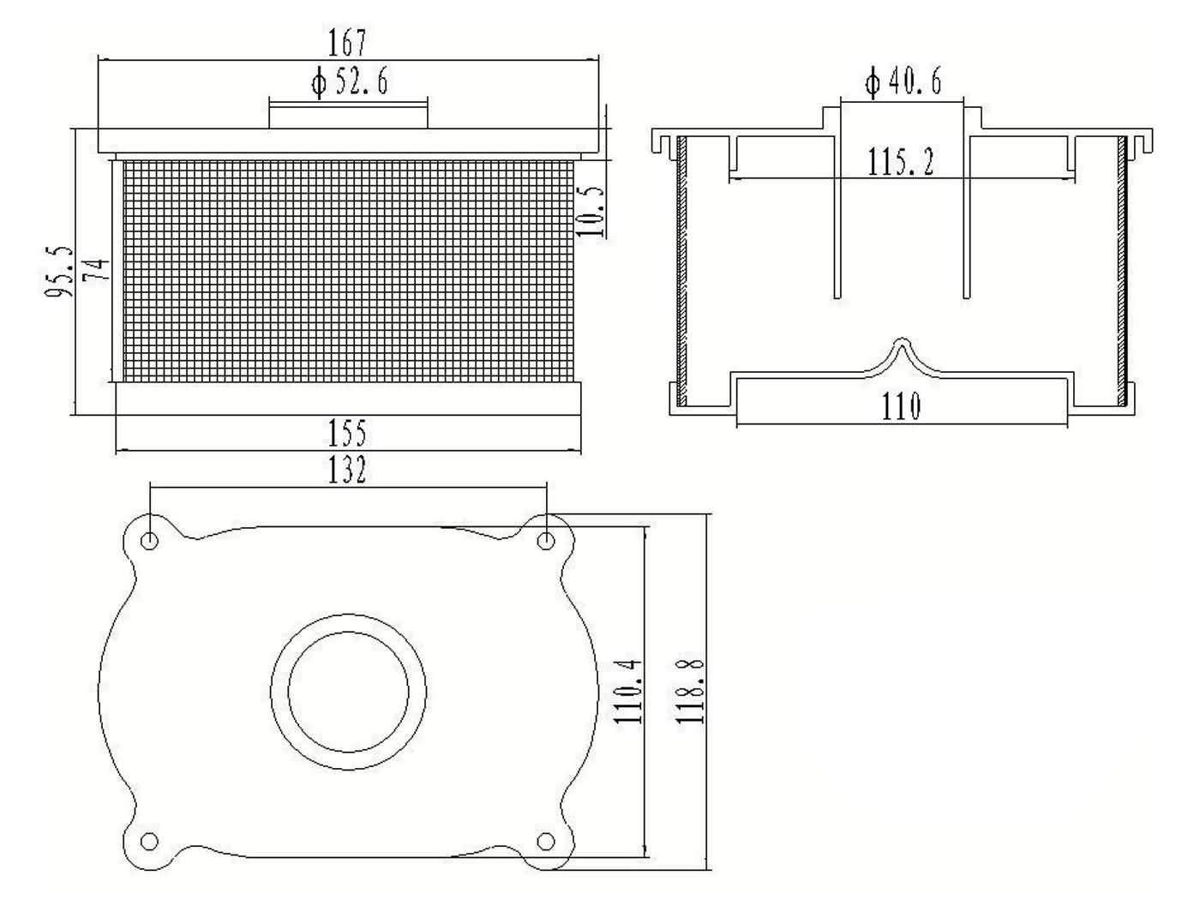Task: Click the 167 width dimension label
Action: coord(347,42)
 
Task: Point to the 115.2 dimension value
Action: coord(900,162)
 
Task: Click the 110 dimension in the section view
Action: coord(901,406)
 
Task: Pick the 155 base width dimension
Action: coord(347,433)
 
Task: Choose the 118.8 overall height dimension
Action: coord(692,690)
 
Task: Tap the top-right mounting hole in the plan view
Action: coord(546,540)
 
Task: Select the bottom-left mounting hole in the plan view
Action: coord(149,841)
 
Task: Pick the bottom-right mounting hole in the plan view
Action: coord(546,841)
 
